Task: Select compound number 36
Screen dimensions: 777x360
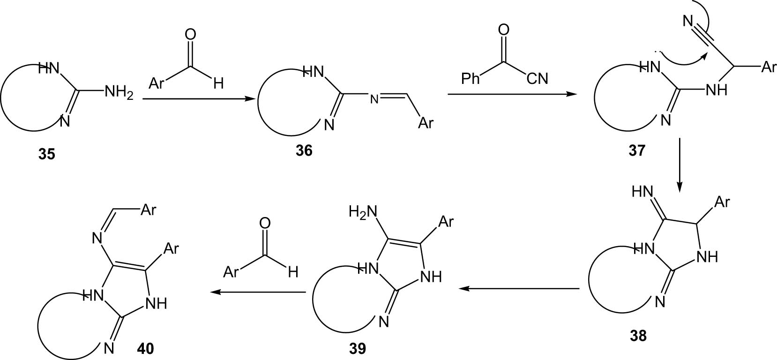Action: click(x=304, y=151)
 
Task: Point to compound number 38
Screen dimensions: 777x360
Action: click(x=638, y=336)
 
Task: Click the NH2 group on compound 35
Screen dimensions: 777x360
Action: click(x=119, y=93)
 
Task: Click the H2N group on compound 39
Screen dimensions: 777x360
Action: click(x=363, y=211)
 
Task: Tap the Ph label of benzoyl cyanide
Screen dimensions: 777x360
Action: click(x=471, y=79)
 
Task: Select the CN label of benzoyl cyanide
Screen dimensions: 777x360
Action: click(x=538, y=79)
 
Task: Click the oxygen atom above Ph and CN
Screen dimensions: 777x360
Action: click(x=504, y=30)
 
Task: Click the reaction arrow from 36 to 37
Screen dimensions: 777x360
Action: click(x=510, y=94)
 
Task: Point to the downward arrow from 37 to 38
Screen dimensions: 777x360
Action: click(x=680, y=165)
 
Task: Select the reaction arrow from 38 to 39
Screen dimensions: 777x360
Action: click(x=519, y=288)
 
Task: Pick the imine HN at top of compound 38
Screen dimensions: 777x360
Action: click(x=643, y=191)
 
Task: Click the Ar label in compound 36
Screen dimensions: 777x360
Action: click(x=426, y=122)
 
